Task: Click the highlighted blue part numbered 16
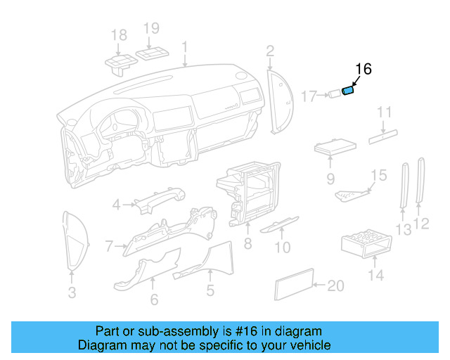[x=347, y=90]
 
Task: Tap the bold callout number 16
[x=363, y=69]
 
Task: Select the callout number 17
[x=309, y=96]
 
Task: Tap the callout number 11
[x=384, y=112]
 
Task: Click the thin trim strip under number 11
[x=383, y=135]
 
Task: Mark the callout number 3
[x=72, y=292]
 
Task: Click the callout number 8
[x=247, y=243]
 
